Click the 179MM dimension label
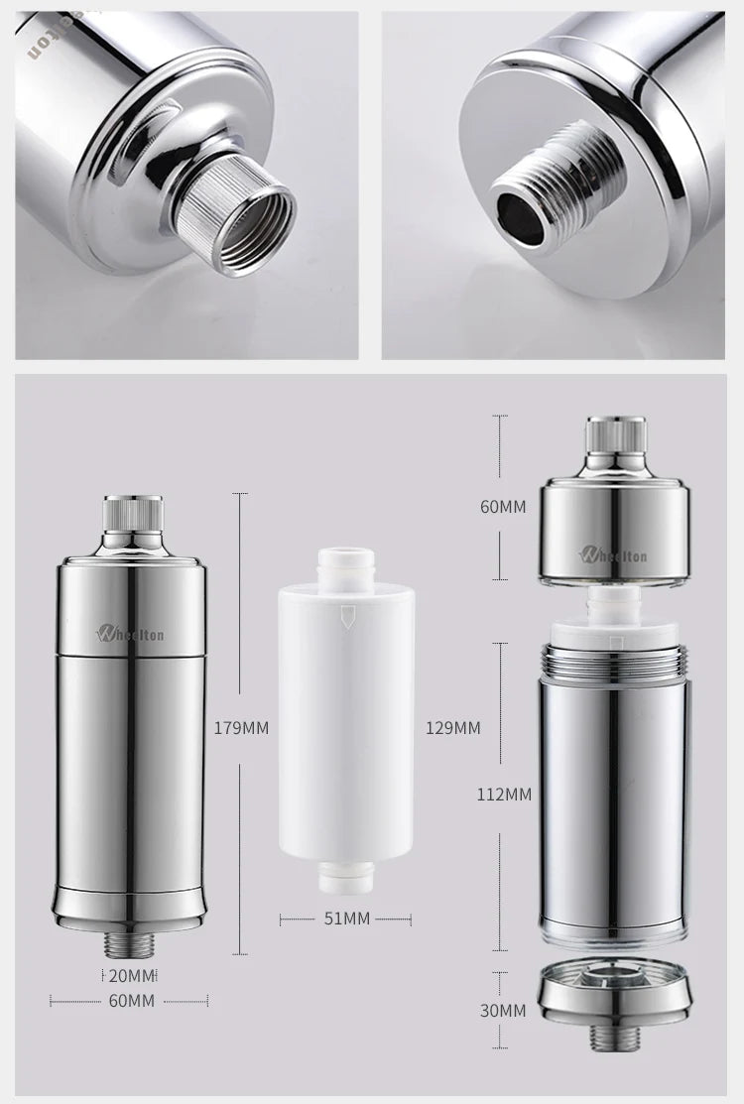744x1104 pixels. (241, 727)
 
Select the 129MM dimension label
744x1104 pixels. (452, 727)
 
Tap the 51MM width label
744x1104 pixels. (346, 919)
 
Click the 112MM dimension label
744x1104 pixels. (503, 794)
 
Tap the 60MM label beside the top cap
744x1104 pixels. (503, 507)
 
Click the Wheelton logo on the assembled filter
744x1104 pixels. (130, 633)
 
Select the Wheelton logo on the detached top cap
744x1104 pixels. (614, 553)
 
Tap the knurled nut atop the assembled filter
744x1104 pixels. (132, 515)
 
